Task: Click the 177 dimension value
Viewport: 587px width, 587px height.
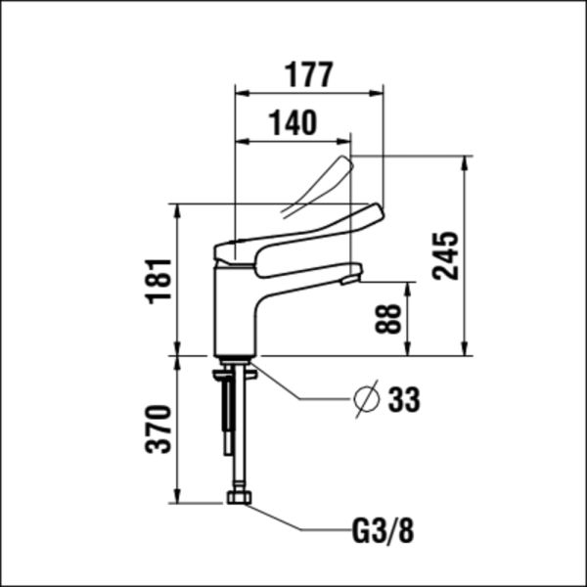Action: pos(308,73)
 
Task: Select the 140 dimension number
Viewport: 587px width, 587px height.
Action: pos(293,123)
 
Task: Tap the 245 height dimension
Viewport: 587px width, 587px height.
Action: pos(446,255)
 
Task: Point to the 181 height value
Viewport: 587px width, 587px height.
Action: pos(158,281)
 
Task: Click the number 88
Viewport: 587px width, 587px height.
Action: pos(389,319)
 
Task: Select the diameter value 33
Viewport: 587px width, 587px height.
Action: pos(403,399)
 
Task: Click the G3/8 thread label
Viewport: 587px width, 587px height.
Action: pos(383,532)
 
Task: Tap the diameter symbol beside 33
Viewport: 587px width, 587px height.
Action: pos(366,399)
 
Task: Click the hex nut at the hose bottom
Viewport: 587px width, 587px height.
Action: pos(238,498)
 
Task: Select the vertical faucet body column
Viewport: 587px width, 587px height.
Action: pos(235,313)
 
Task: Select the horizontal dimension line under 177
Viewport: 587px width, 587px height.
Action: pos(308,94)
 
